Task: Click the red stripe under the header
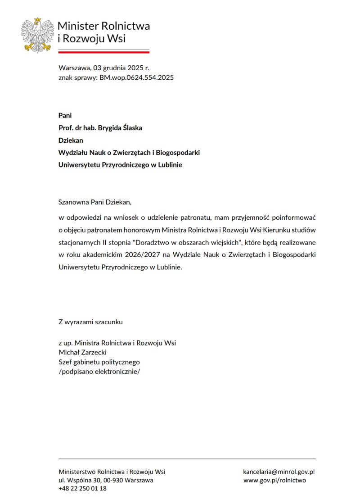[104, 52]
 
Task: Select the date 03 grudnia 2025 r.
[121, 68]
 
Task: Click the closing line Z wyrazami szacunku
[90, 322]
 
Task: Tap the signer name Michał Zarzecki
[83, 352]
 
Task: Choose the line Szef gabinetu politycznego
[99, 362]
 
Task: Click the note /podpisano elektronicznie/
[99, 372]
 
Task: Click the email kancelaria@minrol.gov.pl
[279, 472]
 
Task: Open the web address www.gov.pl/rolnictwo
[274, 480]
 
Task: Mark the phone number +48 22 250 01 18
[83, 489]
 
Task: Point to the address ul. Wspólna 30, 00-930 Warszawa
[106, 480]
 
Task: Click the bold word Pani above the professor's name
[65, 115]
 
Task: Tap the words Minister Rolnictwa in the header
[104, 26]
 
